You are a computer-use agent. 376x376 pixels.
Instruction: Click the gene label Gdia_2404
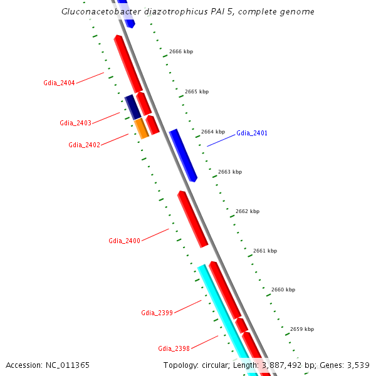pos(59,83)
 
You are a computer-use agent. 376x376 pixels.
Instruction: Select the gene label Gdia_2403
pos(75,123)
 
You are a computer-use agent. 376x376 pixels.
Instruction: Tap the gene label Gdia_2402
pos(84,145)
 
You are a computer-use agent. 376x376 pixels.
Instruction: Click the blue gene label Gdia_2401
pos(252,133)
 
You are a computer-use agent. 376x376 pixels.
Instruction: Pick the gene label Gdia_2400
pos(124,241)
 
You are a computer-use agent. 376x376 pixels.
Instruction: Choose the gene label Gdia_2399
pos(157,313)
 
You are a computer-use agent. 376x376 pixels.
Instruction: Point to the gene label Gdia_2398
pos(174,348)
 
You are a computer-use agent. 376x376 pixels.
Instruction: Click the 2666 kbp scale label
pos(180,51)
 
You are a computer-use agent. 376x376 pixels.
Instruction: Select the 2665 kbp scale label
pos(197,91)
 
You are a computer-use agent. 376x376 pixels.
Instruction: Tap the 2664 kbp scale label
pos(213,132)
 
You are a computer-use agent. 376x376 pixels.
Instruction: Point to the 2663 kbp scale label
pos(230,172)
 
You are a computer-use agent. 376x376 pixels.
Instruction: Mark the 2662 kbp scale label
pos(248,211)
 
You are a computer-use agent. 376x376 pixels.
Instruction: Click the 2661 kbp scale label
pos(265,251)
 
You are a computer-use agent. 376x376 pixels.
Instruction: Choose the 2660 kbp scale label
pos(283,290)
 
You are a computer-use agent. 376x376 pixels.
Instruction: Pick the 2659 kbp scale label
pos(302,329)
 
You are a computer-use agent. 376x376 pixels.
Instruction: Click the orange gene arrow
pos(142,128)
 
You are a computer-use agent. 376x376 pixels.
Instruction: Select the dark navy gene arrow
pos(132,107)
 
